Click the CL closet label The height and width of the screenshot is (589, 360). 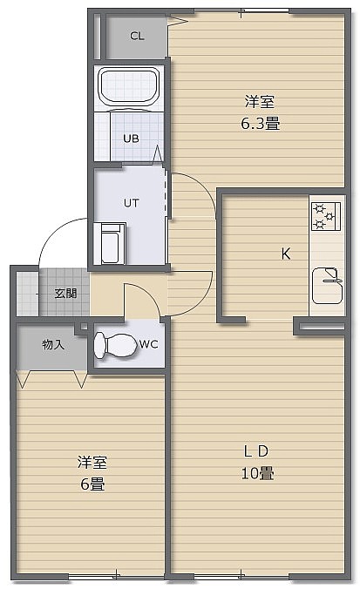tap(137, 36)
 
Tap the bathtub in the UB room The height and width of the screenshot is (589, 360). tap(128, 86)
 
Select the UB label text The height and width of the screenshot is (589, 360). tap(131, 139)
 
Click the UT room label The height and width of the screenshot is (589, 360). tap(131, 203)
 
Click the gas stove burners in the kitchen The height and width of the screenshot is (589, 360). tap(326, 216)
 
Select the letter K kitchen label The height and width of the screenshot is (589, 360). tap(286, 254)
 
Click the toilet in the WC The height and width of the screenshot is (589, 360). tap(115, 344)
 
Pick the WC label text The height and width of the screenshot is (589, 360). tap(149, 344)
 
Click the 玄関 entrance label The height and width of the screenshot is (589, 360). tap(65, 294)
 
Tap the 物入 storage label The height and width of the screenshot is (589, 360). tap(53, 344)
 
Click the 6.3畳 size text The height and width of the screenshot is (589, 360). tap(261, 123)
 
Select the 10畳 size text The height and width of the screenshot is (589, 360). tap(257, 473)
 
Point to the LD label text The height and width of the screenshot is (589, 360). tap(256, 451)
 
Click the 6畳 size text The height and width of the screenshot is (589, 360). tap(92, 484)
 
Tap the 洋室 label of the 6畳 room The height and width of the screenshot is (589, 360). tap(92, 462)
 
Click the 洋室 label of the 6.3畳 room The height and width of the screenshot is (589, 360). tap(260, 101)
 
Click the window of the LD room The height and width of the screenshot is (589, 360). tap(241, 576)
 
